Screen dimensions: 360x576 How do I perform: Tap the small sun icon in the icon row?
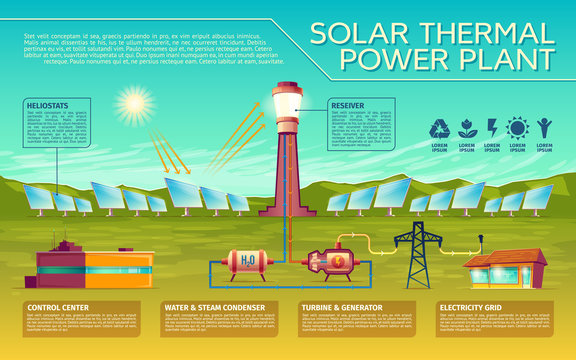[517, 129]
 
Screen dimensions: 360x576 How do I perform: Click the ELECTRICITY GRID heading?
[476, 306]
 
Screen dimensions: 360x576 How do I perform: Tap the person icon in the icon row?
[542, 129]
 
